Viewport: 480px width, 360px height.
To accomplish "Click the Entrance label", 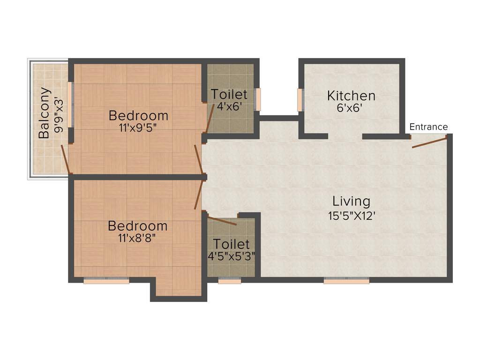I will pyautogui.click(x=428, y=127).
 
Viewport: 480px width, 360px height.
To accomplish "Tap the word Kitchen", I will pyautogui.click(x=351, y=96).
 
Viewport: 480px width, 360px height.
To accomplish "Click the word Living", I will pyautogui.click(x=351, y=202).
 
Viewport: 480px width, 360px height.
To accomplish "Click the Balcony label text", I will pyautogui.click(x=44, y=112).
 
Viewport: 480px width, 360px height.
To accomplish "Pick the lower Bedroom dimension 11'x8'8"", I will pyautogui.click(x=137, y=238).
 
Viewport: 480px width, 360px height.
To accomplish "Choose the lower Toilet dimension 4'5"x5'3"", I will pyautogui.click(x=232, y=256).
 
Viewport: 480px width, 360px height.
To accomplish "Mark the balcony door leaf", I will pyautogui.click(x=66, y=158).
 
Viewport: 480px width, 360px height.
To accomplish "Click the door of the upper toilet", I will pyautogui.click(x=210, y=120).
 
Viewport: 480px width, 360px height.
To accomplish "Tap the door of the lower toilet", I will pyautogui.click(x=222, y=221).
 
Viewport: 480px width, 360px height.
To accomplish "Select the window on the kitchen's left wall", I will pyautogui.click(x=300, y=100).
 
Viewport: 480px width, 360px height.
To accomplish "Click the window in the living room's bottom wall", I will pyautogui.click(x=346, y=281).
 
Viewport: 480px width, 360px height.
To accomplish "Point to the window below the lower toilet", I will pyautogui.click(x=230, y=281).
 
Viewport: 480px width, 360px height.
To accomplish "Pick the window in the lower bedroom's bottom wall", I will pyautogui.click(x=106, y=281).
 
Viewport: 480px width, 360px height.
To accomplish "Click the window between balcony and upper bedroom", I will pyautogui.click(x=70, y=104).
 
